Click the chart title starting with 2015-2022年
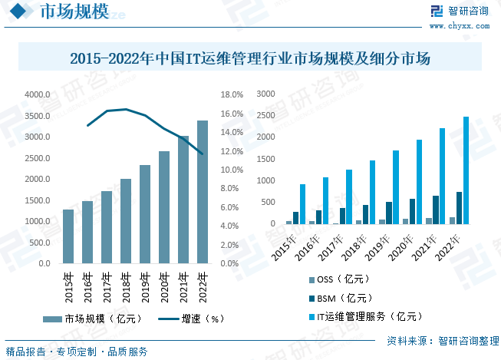click(x=250, y=58)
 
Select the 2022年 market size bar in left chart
click(x=203, y=192)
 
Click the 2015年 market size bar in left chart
click(x=68, y=236)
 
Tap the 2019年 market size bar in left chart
click(x=145, y=214)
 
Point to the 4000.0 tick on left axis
click(x=37, y=94)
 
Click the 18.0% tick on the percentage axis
click(x=232, y=94)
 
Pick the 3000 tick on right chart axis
click(x=265, y=94)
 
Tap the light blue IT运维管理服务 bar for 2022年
click(x=466, y=170)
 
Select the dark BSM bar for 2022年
click(x=459, y=208)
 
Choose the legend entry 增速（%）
click(x=192, y=319)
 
